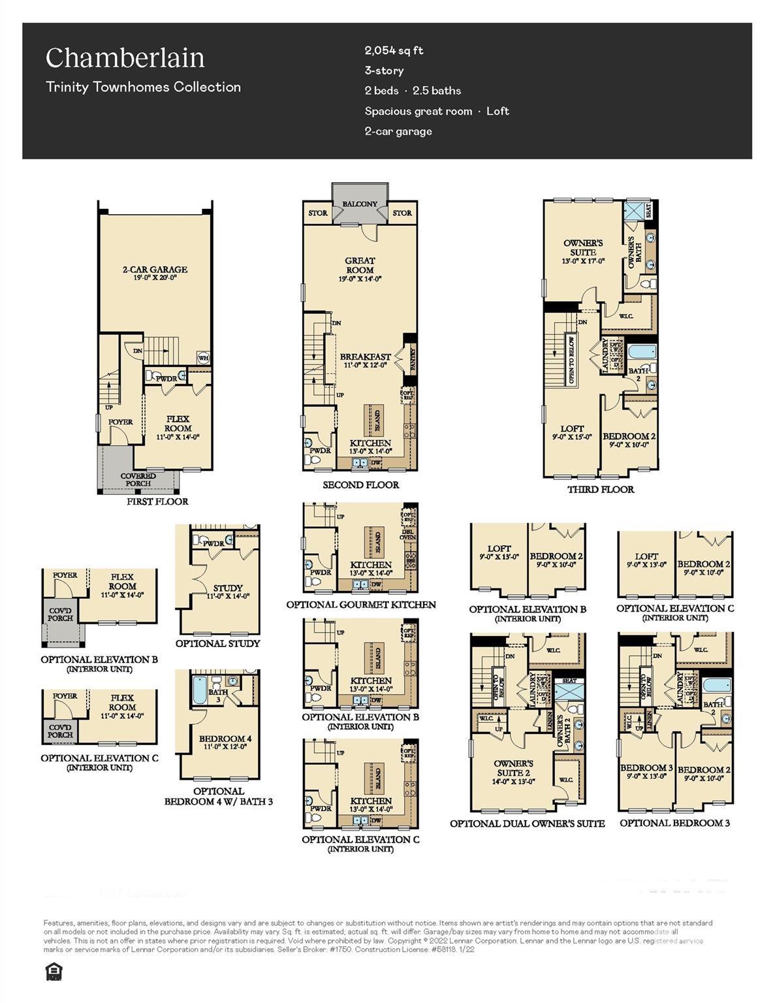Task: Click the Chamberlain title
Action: [125, 58]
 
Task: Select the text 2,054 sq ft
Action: [394, 50]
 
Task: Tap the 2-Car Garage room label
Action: [155, 269]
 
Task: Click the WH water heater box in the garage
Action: [203, 357]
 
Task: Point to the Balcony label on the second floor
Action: [360, 204]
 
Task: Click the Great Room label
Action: [360, 265]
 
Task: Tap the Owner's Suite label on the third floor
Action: [583, 247]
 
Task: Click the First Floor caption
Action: [157, 501]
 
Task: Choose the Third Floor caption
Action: [600, 489]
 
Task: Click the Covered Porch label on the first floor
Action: [138, 480]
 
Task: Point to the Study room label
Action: [227, 588]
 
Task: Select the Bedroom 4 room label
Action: [225, 739]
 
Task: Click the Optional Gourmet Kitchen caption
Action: [361, 605]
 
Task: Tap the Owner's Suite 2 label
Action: [513, 768]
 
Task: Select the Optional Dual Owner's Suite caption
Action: [527, 823]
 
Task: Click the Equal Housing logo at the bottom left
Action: [52, 972]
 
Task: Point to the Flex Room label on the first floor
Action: [178, 424]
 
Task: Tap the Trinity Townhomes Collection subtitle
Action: [143, 87]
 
